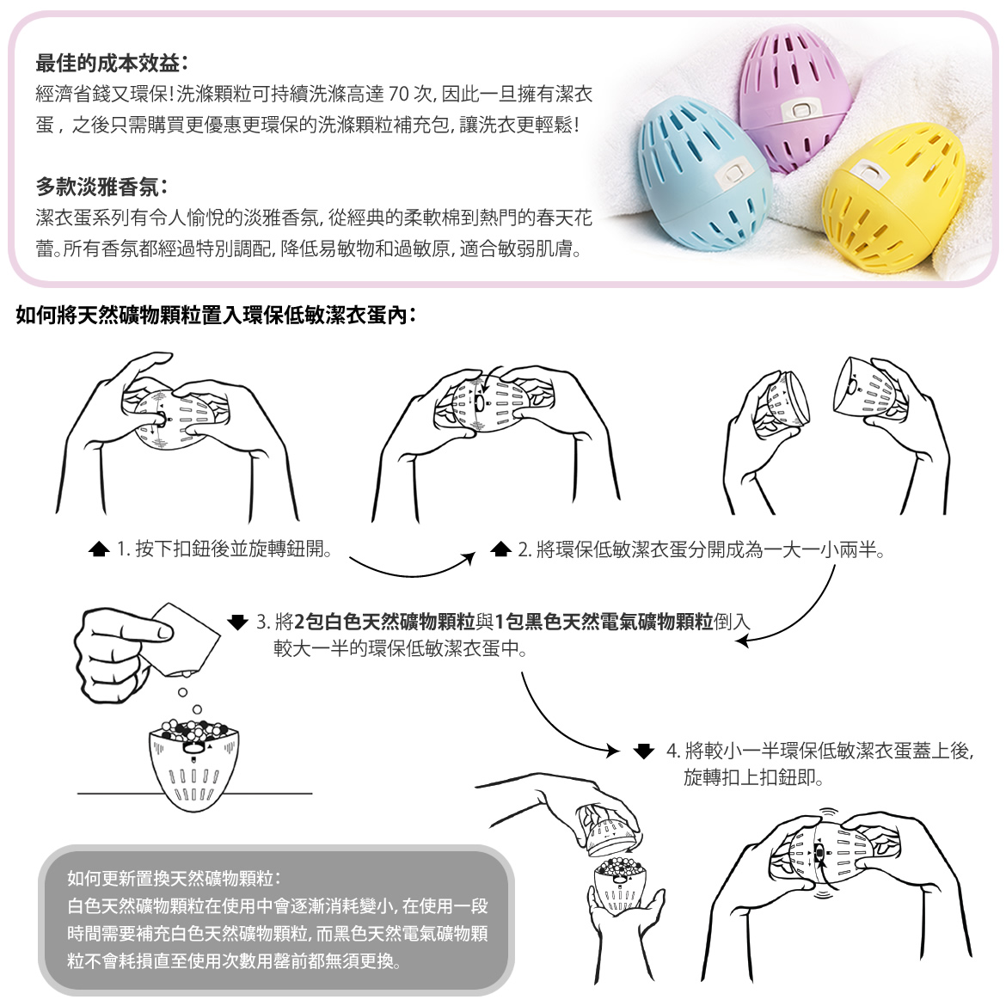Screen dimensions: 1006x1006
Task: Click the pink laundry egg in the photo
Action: [x=795, y=101]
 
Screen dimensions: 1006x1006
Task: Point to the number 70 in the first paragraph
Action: [x=398, y=95]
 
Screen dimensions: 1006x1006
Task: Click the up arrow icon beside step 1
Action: [x=99, y=549]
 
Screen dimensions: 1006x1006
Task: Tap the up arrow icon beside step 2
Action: [x=500, y=549]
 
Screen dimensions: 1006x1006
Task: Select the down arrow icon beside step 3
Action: [x=237, y=622]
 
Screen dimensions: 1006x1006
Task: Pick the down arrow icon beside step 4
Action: [x=643, y=750]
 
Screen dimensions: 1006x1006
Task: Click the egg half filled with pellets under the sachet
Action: [x=193, y=764]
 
